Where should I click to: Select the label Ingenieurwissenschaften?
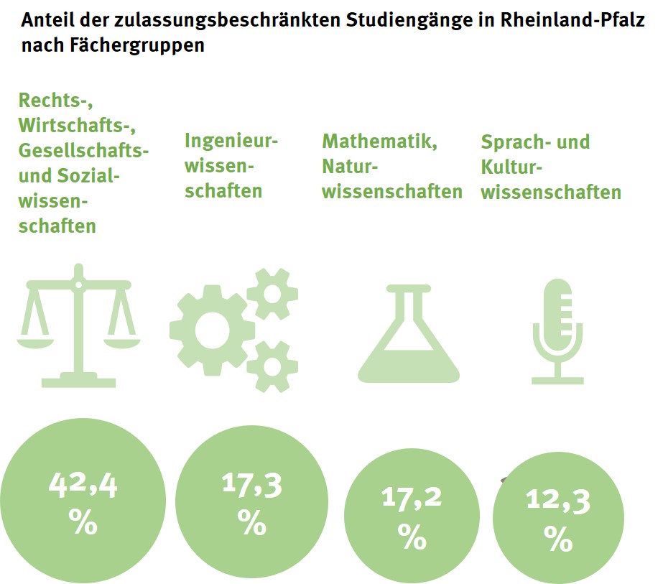pos(231,166)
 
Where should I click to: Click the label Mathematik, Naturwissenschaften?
pos(391,166)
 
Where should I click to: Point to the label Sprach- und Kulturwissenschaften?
pos(550,167)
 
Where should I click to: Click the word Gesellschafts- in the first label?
pos(84,151)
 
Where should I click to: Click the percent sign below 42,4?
pos(83,522)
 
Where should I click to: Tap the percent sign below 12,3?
pos(558,539)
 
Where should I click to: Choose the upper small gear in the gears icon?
pos(272,292)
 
